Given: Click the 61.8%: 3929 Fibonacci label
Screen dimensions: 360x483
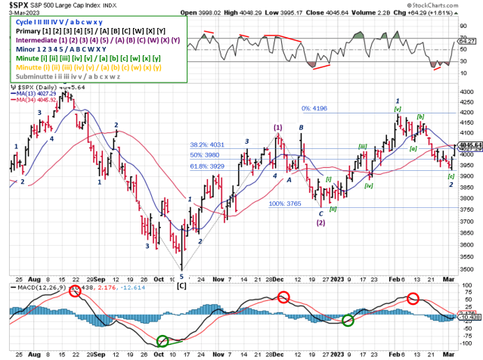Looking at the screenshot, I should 209,166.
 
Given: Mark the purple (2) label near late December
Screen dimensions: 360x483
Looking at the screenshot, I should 320,222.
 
